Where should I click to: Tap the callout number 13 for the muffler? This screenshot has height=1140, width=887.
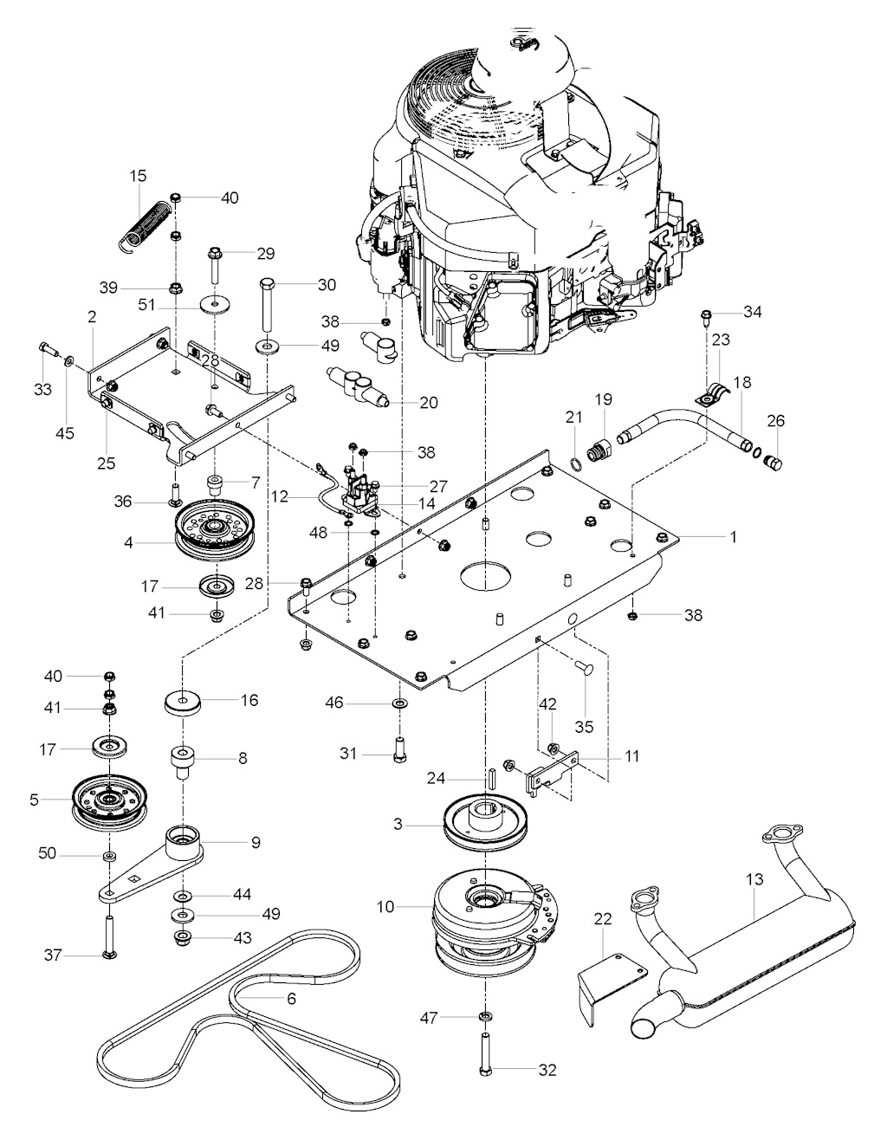[754, 879]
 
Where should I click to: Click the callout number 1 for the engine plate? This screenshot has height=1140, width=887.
[733, 537]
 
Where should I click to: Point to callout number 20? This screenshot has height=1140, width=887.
[428, 402]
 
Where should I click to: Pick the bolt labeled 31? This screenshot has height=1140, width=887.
[400, 746]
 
